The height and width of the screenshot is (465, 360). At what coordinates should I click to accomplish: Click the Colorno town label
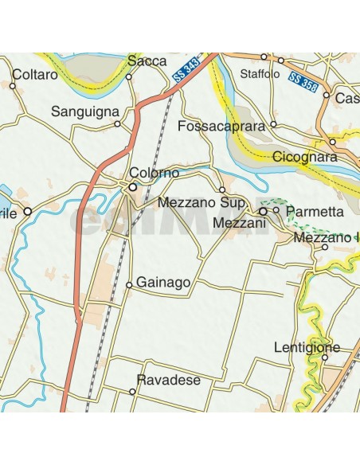[155, 173]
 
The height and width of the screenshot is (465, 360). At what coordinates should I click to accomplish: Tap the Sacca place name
[147, 61]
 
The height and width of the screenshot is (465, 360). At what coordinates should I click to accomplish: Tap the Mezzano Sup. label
[198, 203]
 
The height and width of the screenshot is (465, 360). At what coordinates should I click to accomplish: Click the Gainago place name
[163, 283]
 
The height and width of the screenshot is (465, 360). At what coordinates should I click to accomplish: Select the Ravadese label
[168, 381]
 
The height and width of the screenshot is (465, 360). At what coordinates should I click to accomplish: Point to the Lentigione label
[307, 347]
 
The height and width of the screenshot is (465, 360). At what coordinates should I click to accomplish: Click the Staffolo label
[260, 74]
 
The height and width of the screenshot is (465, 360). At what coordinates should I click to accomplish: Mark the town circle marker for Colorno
[133, 187]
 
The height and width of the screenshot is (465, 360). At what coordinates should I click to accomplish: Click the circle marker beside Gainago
[129, 284]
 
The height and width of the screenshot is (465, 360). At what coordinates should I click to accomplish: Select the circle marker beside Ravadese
[132, 392]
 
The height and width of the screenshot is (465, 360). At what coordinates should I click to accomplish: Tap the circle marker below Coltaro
[14, 85]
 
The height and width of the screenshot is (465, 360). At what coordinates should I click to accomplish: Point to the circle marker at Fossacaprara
[273, 124]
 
